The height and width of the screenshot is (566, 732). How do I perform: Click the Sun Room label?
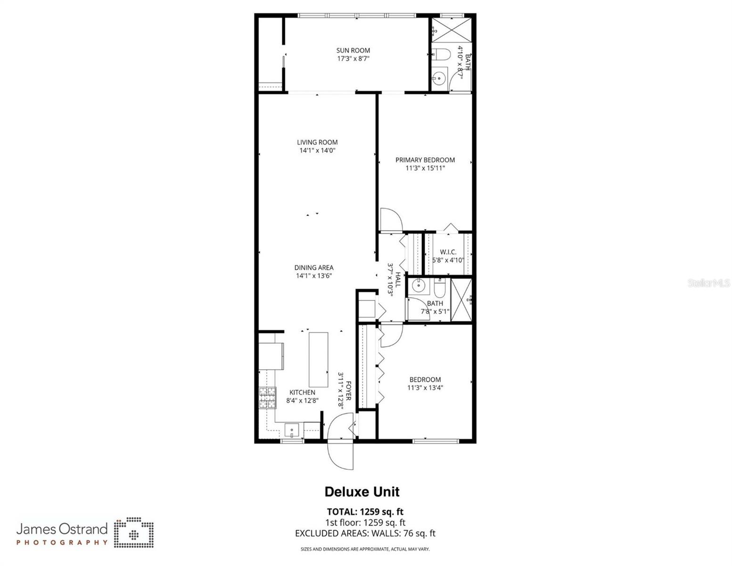(353, 50)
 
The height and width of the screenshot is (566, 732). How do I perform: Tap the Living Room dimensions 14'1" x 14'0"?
(317, 151)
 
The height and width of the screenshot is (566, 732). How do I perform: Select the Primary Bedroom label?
(425, 160)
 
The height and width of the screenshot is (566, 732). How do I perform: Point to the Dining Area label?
(314, 267)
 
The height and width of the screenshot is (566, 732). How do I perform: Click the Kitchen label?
(302, 392)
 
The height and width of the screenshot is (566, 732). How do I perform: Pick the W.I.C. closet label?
(448, 252)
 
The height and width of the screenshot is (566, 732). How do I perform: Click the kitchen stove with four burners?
(267, 397)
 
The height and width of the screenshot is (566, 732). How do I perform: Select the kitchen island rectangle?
(319, 359)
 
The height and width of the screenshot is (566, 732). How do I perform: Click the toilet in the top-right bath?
(440, 55)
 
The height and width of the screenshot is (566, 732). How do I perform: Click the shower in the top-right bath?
(452, 30)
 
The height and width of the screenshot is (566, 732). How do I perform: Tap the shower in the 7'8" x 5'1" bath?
(461, 300)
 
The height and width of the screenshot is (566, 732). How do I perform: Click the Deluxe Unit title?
(362, 492)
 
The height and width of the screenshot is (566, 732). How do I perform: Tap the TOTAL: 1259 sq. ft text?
(365, 512)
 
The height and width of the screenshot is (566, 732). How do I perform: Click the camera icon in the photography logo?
(134, 533)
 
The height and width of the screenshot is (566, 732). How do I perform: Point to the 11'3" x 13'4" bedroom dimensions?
(425, 388)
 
